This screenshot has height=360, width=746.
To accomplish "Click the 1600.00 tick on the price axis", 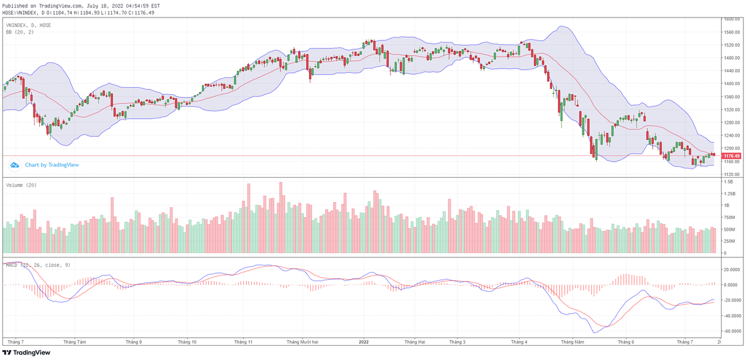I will pos(731,19).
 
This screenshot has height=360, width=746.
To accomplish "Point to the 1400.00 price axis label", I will pos(731,84).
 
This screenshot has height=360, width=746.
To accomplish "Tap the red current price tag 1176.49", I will pos(732,155).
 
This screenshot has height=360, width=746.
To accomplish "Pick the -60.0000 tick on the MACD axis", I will pos(732,331).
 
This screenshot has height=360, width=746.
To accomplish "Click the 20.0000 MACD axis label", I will pos(732,270).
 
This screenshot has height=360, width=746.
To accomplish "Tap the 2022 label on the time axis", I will pos(365,342).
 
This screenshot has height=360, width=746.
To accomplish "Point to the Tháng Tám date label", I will pos(74,342).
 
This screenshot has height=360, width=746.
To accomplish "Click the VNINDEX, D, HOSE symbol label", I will pos(28,25).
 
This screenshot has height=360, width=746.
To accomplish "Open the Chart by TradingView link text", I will pos(52,165).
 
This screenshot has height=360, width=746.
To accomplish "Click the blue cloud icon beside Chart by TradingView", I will pos(14,165).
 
